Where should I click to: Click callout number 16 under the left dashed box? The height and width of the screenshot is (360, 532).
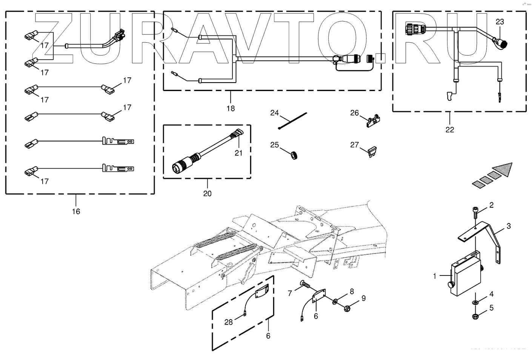point(76,211)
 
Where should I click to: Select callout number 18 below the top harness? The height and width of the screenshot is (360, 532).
point(231,108)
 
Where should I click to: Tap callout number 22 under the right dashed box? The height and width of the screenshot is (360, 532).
point(449,129)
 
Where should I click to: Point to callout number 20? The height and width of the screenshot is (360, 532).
point(207,194)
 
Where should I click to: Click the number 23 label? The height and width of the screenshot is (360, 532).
point(500,22)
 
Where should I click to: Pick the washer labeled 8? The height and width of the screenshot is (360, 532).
point(335,302)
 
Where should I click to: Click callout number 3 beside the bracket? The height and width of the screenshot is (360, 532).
point(508,226)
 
